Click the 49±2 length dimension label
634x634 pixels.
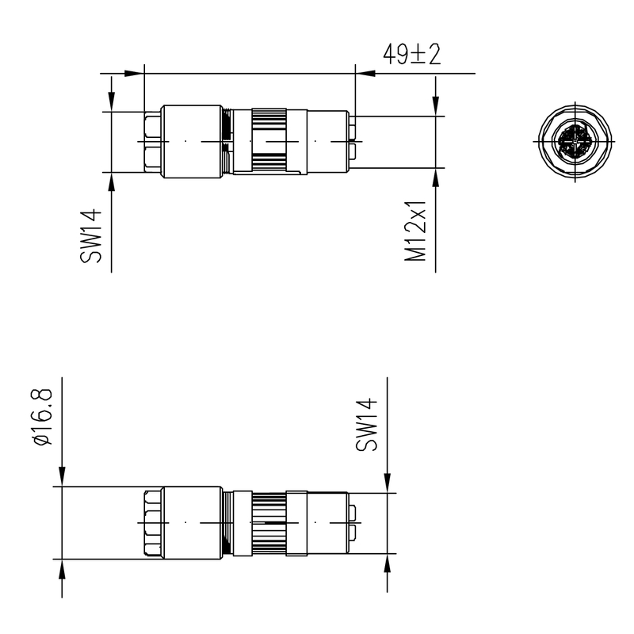[x=411, y=55]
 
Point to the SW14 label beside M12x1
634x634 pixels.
[x=92, y=235]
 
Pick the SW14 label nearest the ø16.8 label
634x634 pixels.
[x=366, y=425]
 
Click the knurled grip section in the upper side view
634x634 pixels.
[x=269, y=141]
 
